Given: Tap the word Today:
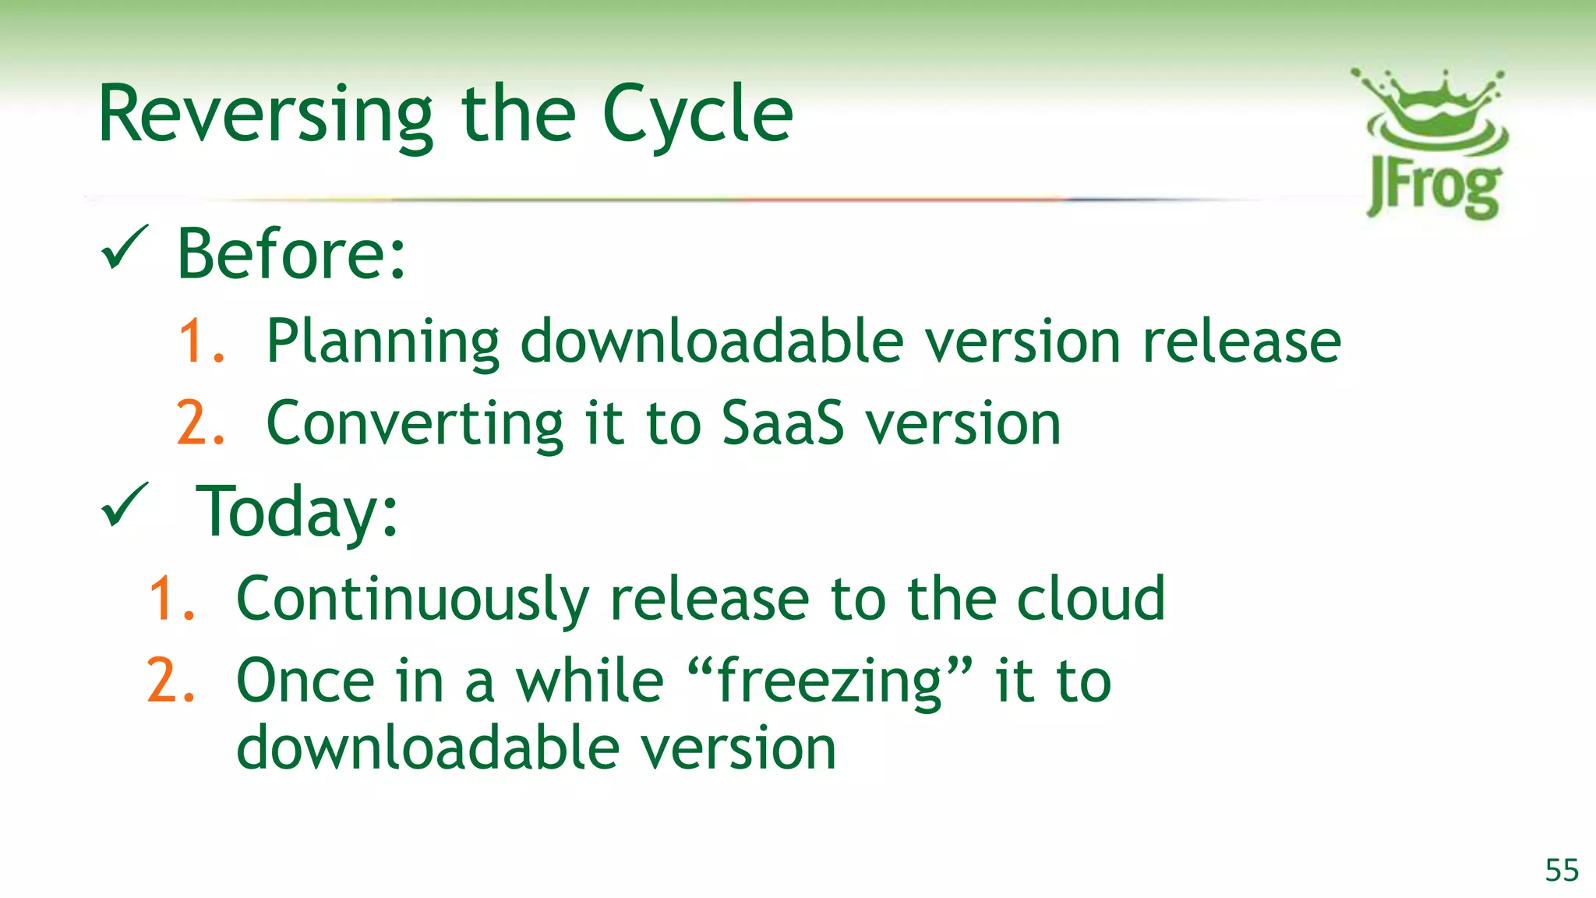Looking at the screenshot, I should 296,511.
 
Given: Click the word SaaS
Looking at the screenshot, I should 782,423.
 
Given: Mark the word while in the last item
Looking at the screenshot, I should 589,681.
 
